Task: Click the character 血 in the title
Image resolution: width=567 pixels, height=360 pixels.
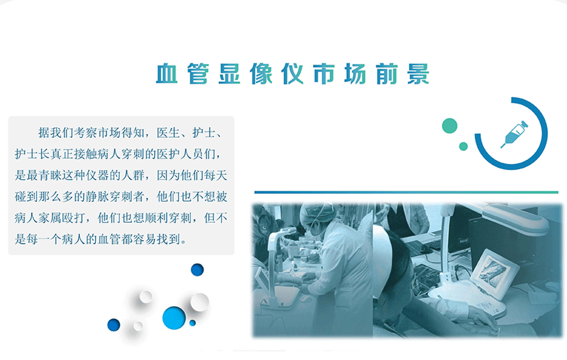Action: coord(167,74)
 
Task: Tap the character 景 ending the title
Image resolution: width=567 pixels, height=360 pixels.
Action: coord(418,74)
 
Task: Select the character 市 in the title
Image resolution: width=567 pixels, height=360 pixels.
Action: coord(324,74)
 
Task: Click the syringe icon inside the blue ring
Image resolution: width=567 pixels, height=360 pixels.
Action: coord(514,134)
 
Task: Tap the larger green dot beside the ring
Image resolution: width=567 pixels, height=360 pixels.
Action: coord(449,126)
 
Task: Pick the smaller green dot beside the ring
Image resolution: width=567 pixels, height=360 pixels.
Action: coord(463,146)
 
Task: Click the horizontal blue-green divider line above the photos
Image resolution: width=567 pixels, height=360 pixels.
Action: coord(406,192)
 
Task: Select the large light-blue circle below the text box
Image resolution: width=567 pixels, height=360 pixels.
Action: coord(174,318)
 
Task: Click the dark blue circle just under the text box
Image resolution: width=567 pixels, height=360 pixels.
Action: coord(198,269)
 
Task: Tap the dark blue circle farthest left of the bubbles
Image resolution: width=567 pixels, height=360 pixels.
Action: coord(113,325)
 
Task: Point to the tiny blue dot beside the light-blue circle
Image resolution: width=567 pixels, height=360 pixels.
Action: coord(192,323)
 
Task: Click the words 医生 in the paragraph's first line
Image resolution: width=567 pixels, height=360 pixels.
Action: coord(168,133)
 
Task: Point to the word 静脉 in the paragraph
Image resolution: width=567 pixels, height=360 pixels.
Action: coord(97,196)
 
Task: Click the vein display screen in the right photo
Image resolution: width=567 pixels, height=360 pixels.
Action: coord(493,272)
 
